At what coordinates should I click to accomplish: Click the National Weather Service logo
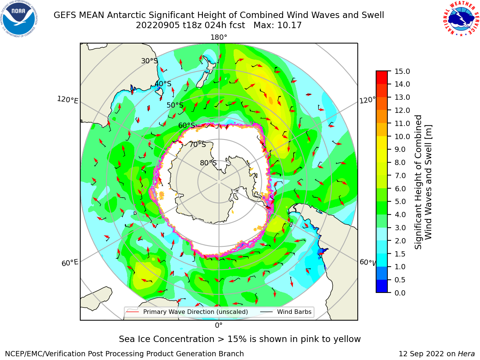(x=461, y=19)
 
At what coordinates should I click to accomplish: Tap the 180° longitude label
(x=219, y=37)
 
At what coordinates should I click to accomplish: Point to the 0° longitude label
(x=219, y=325)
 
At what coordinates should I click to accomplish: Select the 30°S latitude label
(x=149, y=61)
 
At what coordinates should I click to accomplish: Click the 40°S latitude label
(x=163, y=84)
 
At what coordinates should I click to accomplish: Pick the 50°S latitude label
(x=175, y=105)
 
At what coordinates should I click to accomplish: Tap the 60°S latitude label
(x=186, y=125)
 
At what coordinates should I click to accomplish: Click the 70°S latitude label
(x=198, y=144)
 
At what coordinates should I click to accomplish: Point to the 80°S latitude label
(x=208, y=163)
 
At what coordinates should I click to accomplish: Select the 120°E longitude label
(x=67, y=100)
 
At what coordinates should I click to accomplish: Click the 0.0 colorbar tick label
(x=400, y=293)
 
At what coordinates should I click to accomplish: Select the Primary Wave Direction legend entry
(x=187, y=312)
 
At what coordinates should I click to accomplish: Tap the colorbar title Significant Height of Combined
(x=418, y=182)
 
